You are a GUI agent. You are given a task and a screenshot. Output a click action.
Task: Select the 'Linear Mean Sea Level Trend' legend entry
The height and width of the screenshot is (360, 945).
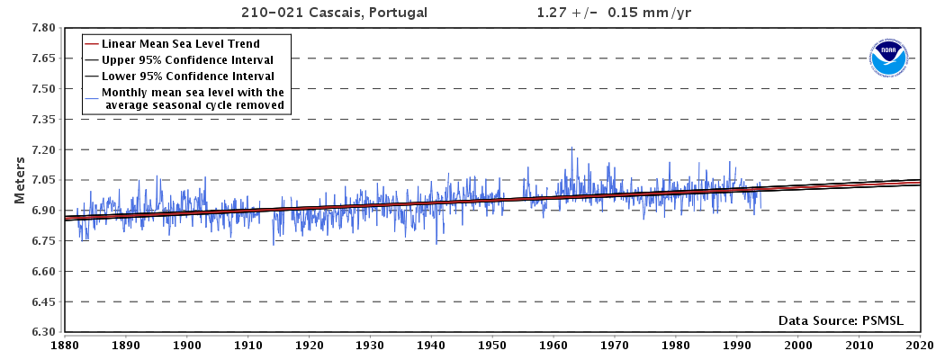pos(181,43)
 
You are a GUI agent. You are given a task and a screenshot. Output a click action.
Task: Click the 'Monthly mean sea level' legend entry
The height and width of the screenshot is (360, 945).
pos(193,99)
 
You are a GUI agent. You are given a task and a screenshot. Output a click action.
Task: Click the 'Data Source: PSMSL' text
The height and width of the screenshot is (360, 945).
pos(840,320)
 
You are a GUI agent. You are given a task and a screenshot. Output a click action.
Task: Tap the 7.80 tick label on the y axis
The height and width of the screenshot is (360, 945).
pos(44,28)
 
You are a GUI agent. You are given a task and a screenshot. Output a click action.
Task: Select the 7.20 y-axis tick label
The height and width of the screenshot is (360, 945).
pos(44,150)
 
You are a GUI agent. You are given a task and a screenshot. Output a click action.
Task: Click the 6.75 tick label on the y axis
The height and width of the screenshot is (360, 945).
pos(44,241)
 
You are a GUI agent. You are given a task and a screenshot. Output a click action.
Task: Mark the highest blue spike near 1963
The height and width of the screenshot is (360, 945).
pos(571,148)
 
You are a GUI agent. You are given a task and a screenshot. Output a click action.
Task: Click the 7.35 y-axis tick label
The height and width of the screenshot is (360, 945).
pos(44,120)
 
